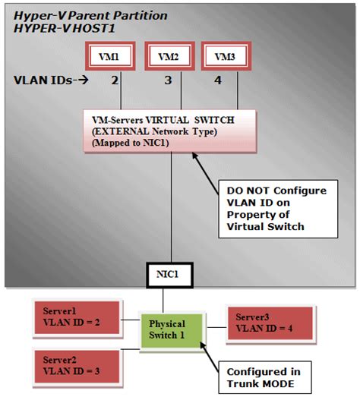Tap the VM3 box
[224, 57]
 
